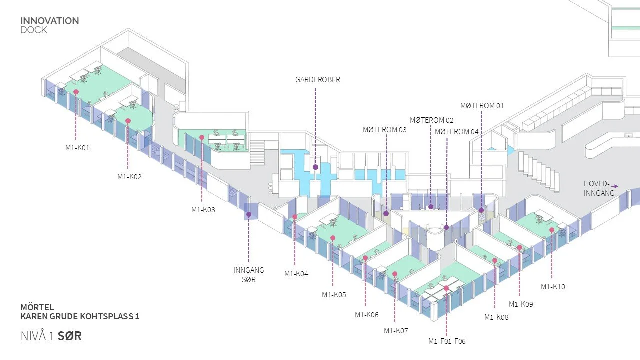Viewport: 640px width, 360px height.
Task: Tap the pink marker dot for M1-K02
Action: click(128, 121)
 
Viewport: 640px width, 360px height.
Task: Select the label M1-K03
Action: click(203, 210)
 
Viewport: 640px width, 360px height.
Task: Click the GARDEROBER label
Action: click(318, 80)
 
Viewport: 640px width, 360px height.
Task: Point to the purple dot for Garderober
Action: click(315, 167)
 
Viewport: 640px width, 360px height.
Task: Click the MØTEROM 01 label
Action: click(482, 106)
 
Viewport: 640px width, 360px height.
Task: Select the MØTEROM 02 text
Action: click(432, 120)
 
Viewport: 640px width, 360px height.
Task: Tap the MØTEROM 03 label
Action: click(385, 130)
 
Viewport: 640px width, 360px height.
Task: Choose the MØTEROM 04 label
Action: click(457, 132)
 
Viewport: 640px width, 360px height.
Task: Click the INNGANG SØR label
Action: click(249, 275)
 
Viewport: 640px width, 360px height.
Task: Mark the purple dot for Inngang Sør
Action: click(249, 214)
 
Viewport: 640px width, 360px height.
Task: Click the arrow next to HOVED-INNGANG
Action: click(615, 186)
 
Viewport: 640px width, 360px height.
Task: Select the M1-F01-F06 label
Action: click(447, 341)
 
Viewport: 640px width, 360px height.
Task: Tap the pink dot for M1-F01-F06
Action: click(446, 288)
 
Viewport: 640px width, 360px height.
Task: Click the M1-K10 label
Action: click(553, 287)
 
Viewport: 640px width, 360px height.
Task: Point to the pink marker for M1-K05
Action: click(333, 238)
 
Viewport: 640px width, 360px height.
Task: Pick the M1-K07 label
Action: click(396, 331)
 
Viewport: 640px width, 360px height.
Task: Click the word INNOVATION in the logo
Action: click(49, 21)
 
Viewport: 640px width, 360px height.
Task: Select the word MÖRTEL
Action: click(37, 307)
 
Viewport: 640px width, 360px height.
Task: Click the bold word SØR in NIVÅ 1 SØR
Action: click(69, 336)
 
